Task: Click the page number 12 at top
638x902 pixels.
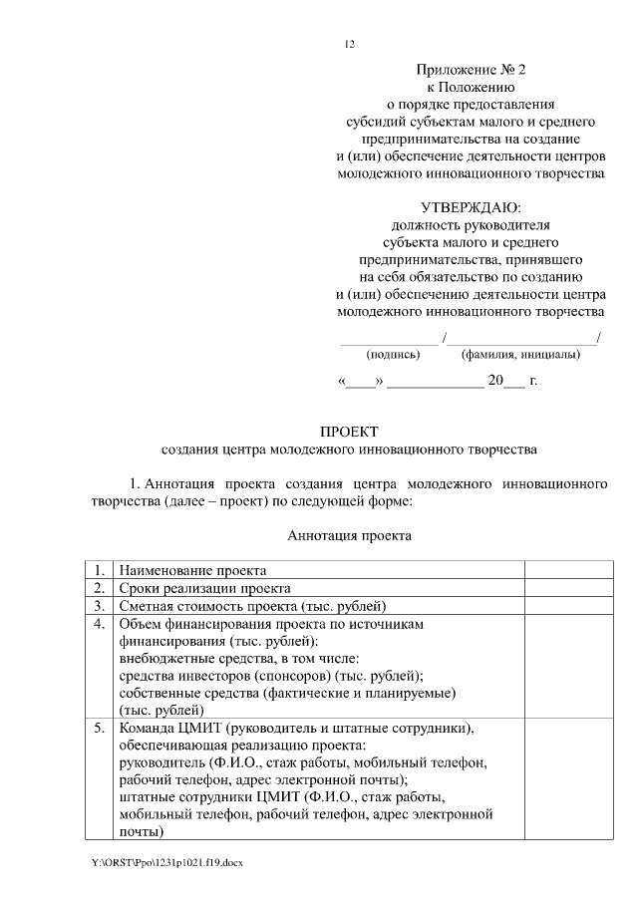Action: pyautogui.click(x=349, y=44)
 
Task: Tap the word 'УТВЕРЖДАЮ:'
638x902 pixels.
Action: pyautogui.click(x=470, y=208)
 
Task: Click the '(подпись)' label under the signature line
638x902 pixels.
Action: pyautogui.click(x=393, y=354)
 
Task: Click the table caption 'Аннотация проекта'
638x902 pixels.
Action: pyautogui.click(x=349, y=535)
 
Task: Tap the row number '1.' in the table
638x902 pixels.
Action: pyautogui.click(x=99, y=570)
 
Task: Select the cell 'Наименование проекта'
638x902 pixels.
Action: pyautogui.click(x=192, y=570)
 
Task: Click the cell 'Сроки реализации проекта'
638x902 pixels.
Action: pyautogui.click(x=204, y=588)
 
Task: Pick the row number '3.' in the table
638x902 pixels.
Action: pyautogui.click(x=99, y=606)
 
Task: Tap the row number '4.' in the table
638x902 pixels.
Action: pyautogui.click(x=99, y=624)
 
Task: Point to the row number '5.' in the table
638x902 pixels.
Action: pyautogui.click(x=99, y=730)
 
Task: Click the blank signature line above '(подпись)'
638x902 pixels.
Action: pyautogui.click(x=389, y=340)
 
